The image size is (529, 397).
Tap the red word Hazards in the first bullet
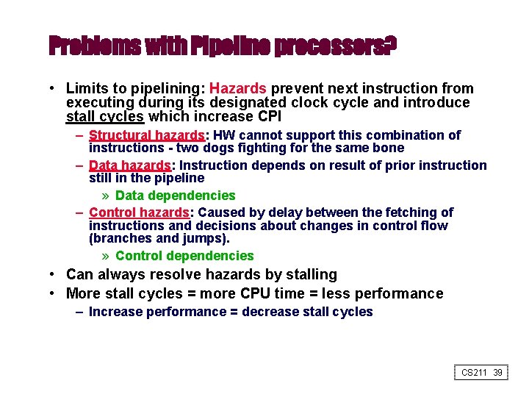[240, 89]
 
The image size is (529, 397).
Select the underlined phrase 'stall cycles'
[106, 116]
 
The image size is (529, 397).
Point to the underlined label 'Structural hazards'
[146, 135]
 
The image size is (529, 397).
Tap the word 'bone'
[388, 148]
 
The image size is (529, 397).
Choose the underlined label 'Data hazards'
[129, 165]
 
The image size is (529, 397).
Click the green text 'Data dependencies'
[176, 196]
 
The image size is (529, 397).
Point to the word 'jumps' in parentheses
[208, 239]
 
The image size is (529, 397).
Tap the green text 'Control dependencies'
[184, 256]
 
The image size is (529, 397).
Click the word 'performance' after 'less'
[402, 294]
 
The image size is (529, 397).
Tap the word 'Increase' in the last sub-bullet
[115, 312]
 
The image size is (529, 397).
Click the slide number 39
[497, 373]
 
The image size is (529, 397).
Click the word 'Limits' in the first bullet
[87, 89]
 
